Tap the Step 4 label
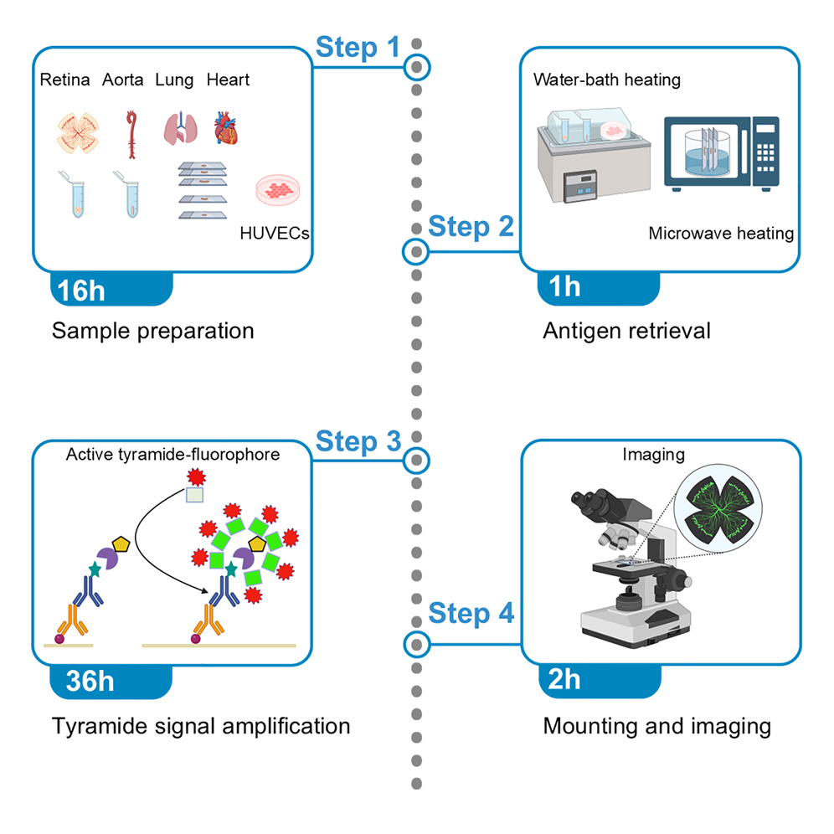pyautogui.click(x=471, y=613)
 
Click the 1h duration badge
pyautogui.click(x=565, y=286)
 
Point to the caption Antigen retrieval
pyautogui.click(x=625, y=331)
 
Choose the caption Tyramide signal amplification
pyautogui.click(x=201, y=725)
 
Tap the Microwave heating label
pyautogui.click(x=720, y=233)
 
